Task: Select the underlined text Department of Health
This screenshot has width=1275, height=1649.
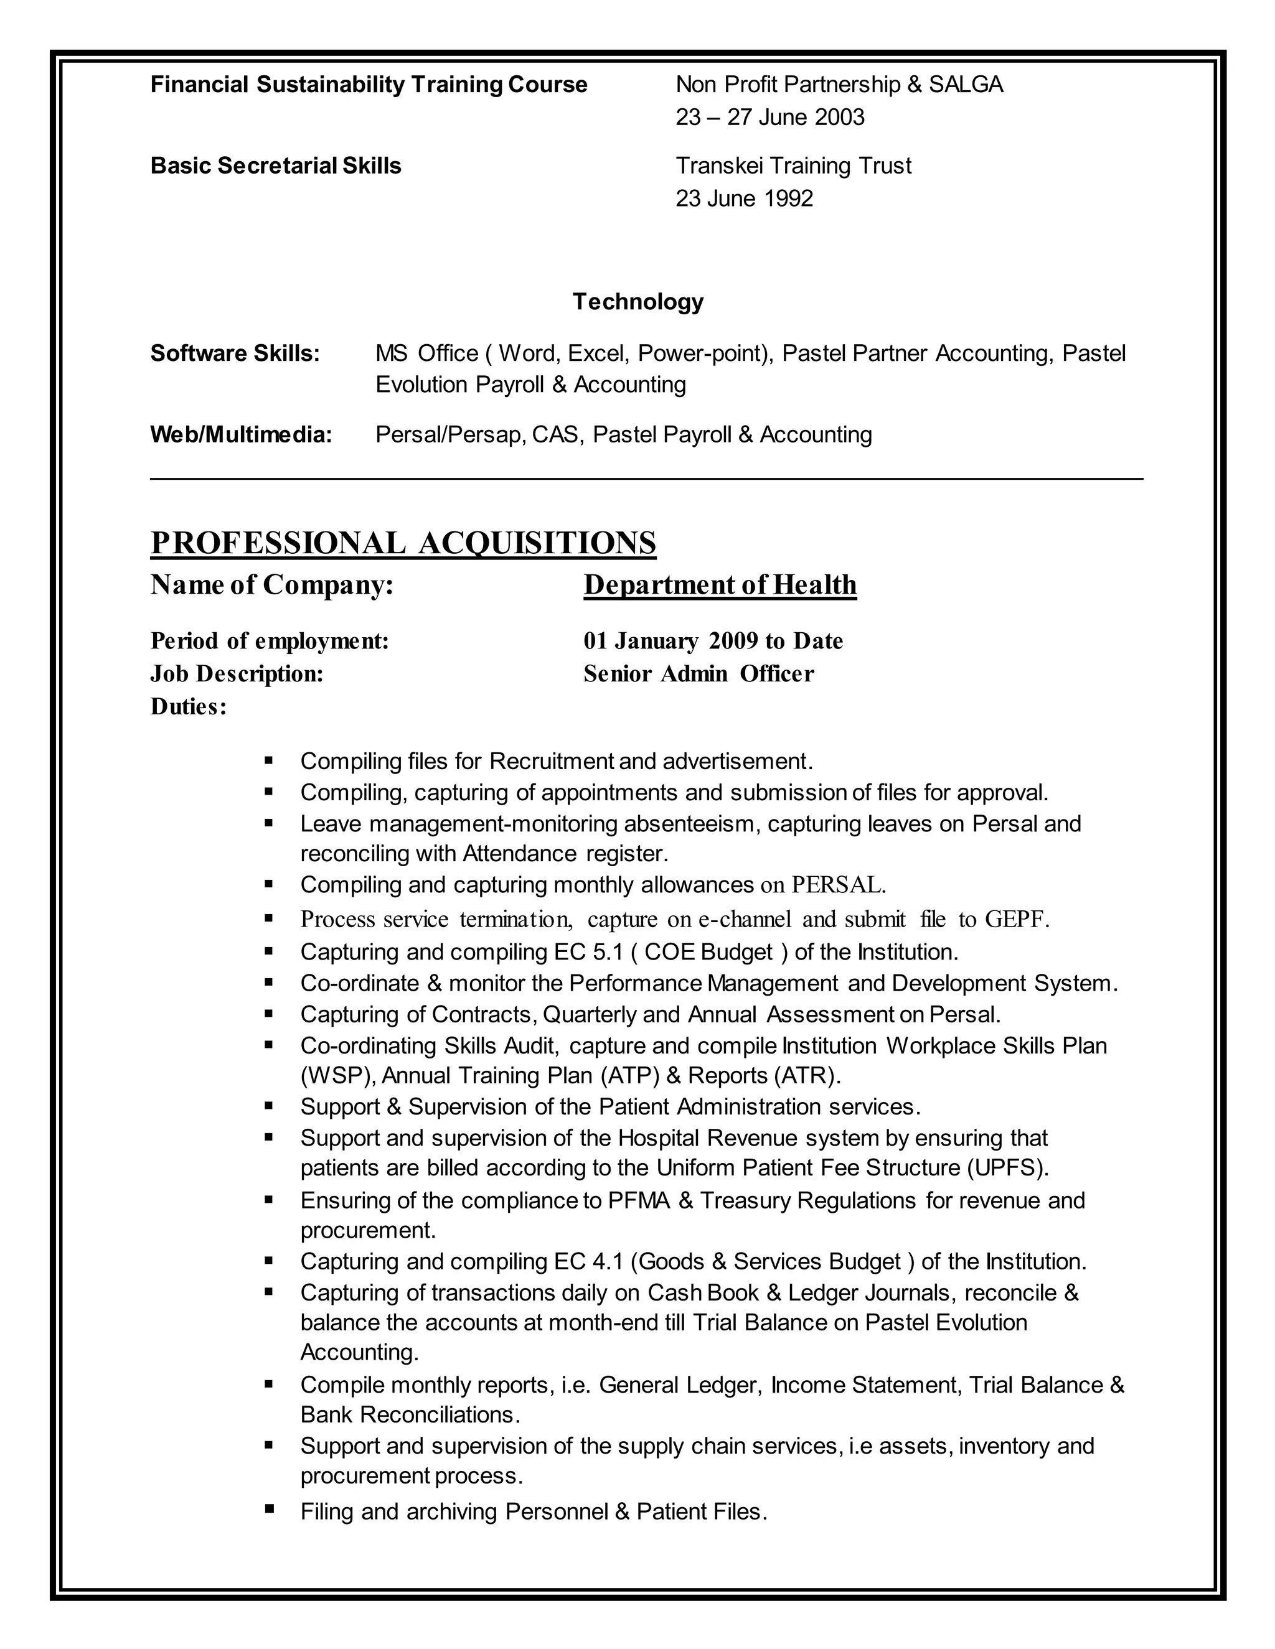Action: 720,585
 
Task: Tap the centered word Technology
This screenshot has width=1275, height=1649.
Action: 637,302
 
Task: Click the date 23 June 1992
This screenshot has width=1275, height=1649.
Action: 744,199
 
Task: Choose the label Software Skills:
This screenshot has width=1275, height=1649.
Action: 235,353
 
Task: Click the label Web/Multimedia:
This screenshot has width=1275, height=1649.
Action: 241,435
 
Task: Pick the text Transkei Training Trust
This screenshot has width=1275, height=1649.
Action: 793,166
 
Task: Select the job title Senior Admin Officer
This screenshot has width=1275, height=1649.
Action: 699,673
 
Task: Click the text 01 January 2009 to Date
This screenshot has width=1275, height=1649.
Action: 713,641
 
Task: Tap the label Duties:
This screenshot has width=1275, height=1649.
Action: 188,707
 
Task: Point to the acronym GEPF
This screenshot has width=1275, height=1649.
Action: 1015,920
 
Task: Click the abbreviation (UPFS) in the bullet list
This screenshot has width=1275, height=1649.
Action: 1008,1168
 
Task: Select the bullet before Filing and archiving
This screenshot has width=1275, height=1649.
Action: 269,1510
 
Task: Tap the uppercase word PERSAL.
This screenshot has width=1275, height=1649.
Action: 837,885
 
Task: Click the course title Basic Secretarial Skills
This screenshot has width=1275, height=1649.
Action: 276,166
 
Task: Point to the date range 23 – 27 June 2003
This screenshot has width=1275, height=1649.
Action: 769,118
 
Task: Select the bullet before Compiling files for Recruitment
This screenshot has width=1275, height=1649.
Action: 269,760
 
